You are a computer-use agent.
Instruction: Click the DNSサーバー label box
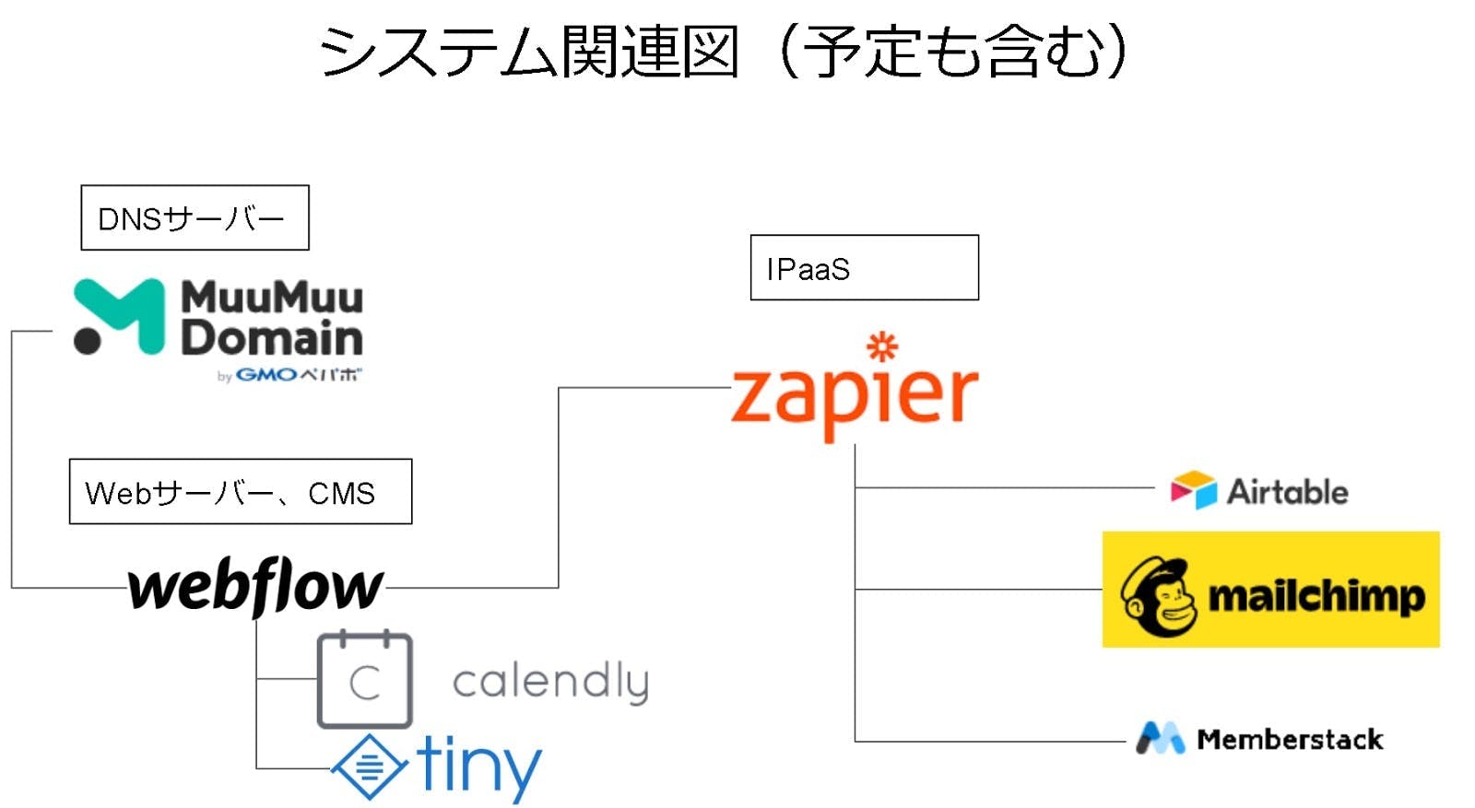[x=195, y=217]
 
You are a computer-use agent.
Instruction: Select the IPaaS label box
[x=864, y=267]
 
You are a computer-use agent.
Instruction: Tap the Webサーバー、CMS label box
[x=240, y=492]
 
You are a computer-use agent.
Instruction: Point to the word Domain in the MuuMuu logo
[x=272, y=338]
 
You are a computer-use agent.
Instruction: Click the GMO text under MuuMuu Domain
[x=266, y=375]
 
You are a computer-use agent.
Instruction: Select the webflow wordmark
[x=255, y=587]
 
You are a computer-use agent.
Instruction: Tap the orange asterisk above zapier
[x=882, y=346]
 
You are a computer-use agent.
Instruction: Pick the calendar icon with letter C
[x=364, y=680]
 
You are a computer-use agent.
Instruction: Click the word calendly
[x=550, y=683]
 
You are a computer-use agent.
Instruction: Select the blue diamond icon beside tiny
[x=369, y=766]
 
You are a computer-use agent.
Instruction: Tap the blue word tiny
[x=478, y=766]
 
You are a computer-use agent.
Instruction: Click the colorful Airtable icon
[x=1193, y=490]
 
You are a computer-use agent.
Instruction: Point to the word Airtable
[x=1287, y=492]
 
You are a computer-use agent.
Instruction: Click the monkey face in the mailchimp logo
[x=1159, y=596]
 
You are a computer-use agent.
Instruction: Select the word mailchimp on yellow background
[x=1316, y=597]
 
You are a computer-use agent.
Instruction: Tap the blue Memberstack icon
[x=1160, y=738]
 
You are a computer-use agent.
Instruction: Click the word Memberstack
[x=1290, y=739]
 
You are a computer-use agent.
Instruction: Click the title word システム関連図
[x=529, y=52]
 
